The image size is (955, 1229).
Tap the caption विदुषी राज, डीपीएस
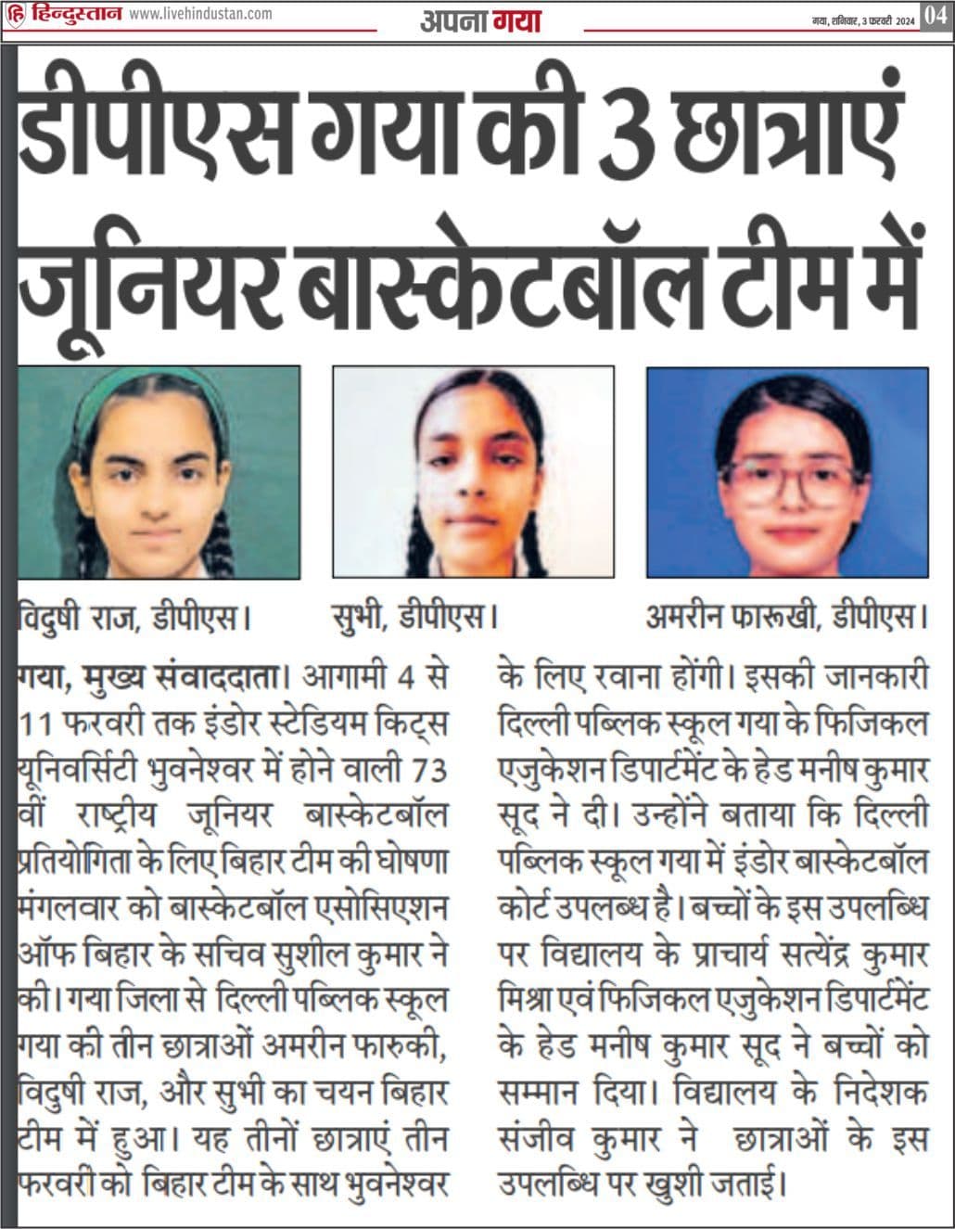pos(135,615)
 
